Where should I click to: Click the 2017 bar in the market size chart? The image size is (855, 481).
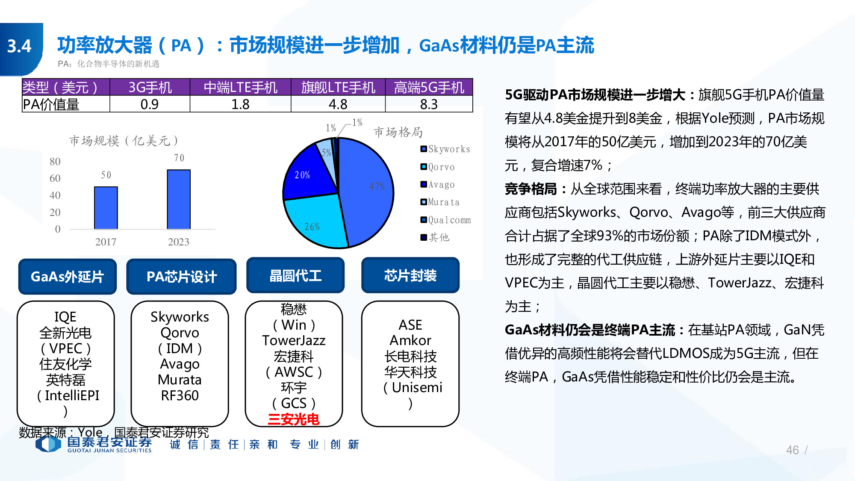coord(106,208)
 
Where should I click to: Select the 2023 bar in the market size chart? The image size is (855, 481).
coord(179,199)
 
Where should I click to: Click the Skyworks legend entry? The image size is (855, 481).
coord(445,149)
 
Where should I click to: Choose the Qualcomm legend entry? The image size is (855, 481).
coord(445,220)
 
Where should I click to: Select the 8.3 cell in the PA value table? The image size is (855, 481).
coord(429,104)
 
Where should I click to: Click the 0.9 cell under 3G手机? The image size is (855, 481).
coord(150,104)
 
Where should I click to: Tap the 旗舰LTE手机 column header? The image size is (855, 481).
coord(338,88)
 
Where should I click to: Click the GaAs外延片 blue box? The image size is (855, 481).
coord(68,277)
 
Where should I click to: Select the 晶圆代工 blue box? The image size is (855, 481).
coord(295,276)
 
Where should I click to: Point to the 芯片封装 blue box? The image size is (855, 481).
coord(410,276)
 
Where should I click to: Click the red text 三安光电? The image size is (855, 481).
coord(294,419)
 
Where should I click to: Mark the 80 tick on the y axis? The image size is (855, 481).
coord(55,162)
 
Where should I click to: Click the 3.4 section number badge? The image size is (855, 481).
coord(20,46)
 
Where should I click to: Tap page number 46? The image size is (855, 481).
coord(792,450)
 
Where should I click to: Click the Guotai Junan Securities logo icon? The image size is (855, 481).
coord(48,444)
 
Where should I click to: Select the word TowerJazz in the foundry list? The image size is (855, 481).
coord(294,341)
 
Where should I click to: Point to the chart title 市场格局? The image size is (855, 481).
coord(398,133)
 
